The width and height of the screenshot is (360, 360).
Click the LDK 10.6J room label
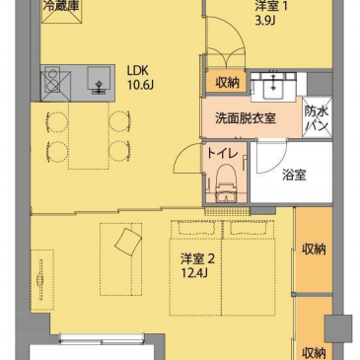pos(140,78)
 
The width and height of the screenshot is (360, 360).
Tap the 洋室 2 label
pos(197,258)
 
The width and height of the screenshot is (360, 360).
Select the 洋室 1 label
pos(271,6)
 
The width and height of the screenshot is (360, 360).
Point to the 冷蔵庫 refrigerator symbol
pos(61,11)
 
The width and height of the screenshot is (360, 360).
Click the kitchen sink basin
pos(99,78)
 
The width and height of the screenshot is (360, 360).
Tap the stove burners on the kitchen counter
pos(51,82)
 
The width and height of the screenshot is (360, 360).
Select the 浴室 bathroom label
pos(294,176)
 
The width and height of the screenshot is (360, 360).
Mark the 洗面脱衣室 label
pos(246,118)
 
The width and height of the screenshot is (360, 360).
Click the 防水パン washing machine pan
pos(317,117)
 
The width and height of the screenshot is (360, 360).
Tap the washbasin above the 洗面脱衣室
pos(273,86)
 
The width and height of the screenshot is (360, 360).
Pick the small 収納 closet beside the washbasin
pos(227,81)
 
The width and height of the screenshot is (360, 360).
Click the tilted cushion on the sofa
pos(128,242)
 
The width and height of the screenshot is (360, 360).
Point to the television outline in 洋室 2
pos(42,280)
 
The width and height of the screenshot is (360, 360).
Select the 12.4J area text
pos(193,272)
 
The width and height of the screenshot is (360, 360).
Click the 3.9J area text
pos(264,20)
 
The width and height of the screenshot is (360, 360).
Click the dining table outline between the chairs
pos(89,136)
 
